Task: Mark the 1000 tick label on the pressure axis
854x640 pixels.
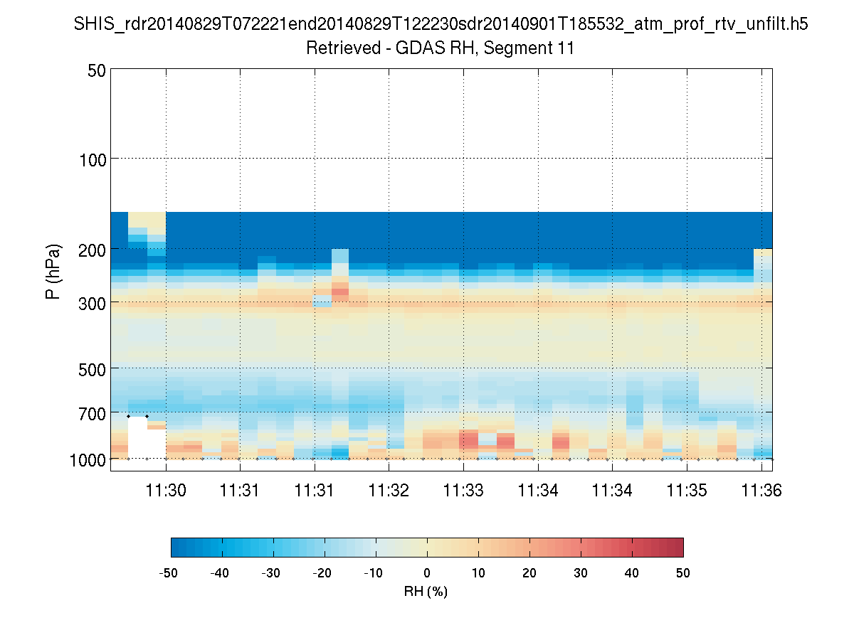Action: click(x=88, y=459)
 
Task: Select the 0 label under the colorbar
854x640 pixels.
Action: click(x=427, y=572)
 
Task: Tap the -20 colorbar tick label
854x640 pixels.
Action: click(x=325, y=572)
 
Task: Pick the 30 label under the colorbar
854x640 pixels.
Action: click(x=581, y=572)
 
